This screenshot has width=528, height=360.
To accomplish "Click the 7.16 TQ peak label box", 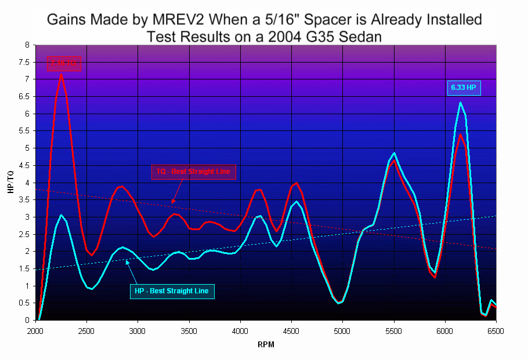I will tap(64, 63).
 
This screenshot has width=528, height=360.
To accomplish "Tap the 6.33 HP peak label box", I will tap(464, 88).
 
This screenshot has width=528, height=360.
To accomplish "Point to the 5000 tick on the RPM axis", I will tap(342, 332).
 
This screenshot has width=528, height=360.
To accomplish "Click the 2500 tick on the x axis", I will tap(86, 332).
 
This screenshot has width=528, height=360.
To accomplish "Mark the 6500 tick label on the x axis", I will tap(496, 332).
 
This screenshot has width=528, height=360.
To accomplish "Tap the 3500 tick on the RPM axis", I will tap(189, 332).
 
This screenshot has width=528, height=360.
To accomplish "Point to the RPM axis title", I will tap(265, 344).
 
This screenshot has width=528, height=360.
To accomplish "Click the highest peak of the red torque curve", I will tap(61, 74).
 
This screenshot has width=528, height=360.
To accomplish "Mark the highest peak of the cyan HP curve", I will tap(460, 103).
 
